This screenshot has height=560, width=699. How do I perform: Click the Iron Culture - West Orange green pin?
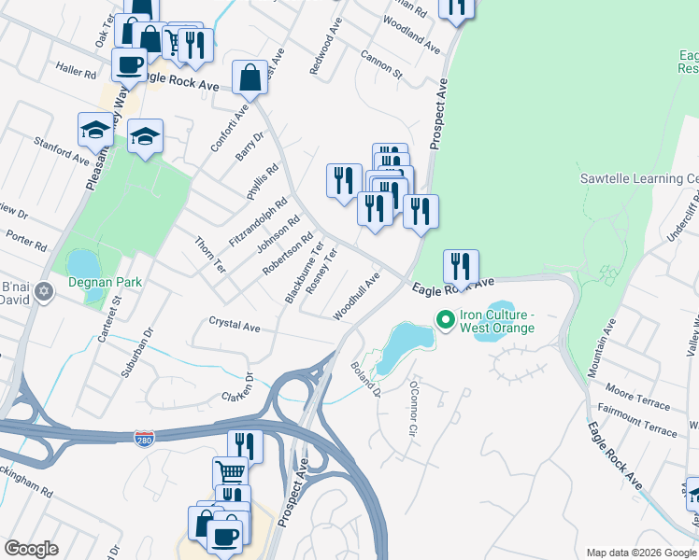pos(446,321)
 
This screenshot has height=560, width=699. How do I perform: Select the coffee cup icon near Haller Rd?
pos(129,65)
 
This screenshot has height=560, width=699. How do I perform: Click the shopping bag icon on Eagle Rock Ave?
pos(250,78)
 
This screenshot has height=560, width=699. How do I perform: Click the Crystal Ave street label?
pos(234,327)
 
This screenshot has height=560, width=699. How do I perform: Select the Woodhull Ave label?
pos(362,295)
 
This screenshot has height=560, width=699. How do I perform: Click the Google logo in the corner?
pos(32,549)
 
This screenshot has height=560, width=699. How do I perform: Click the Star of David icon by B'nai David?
pos(41,293)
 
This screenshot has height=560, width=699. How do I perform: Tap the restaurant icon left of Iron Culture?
pos(461,267)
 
